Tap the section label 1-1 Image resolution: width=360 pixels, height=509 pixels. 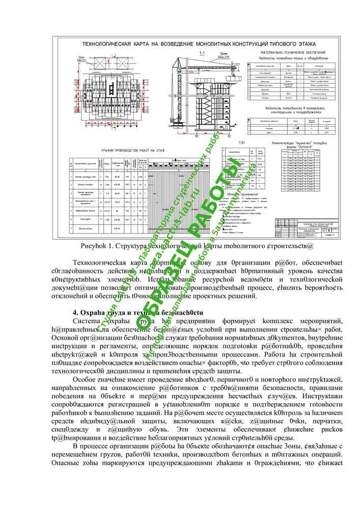pos(202,53)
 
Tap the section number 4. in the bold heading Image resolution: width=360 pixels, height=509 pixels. pos(76,313)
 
